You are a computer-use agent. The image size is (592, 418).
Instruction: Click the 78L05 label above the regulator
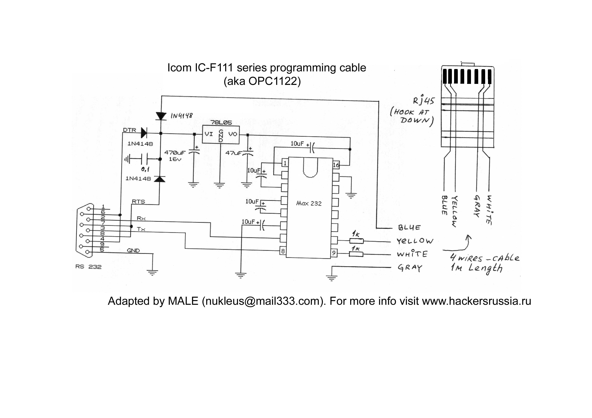tap(221, 122)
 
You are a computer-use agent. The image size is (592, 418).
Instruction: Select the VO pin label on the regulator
tap(233, 134)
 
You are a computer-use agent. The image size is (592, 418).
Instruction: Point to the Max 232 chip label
tap(309, 204)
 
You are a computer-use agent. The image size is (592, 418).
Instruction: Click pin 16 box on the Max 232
tap(336, 165)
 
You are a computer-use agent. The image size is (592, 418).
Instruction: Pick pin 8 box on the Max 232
tap(283, 251)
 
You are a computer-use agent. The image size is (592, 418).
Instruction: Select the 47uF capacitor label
tap(233, 153)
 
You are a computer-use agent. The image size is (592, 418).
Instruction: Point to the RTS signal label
tap(138, 201)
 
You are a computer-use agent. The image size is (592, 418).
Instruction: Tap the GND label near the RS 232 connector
tap(133, 250)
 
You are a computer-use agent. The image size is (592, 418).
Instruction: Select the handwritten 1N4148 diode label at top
tap(181, 116)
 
